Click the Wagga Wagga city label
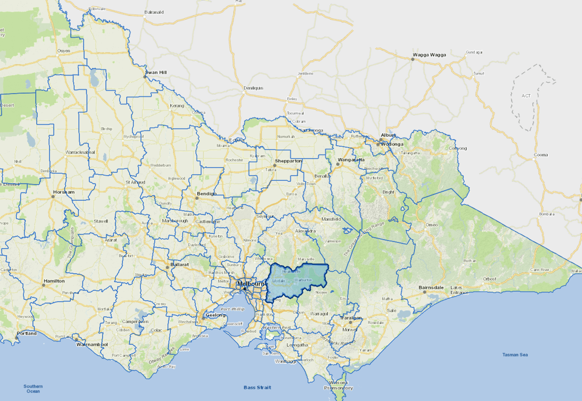[429, 55]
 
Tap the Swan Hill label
[156, 72]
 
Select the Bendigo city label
[207, 194]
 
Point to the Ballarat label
[179, 264]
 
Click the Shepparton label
[288, 161]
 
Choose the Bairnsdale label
[431, 287]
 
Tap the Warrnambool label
[92, 344]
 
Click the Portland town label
[27, 333]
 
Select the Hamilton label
[54, 281]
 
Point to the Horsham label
[64, 192]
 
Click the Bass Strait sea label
[257, 387]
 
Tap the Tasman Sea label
[515, 355]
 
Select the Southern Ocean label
[33, 388]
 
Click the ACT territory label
[526, 96]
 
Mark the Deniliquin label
[253, 88]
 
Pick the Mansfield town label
[331, 219]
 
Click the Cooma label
[541, 155]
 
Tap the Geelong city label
[215, 315]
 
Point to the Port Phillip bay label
[232, 309]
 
